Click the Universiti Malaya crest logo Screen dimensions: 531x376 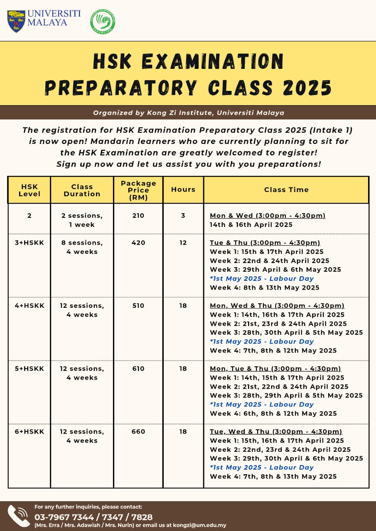coord(16,21)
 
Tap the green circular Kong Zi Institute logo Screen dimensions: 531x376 coord(103,22)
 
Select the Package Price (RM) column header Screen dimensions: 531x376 coord(138,190)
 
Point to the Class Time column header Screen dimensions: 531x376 coord(286,190)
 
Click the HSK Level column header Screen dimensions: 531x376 coord(29,190)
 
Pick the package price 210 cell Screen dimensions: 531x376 coord(138,216)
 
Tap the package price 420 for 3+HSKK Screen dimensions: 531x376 coord(138,243)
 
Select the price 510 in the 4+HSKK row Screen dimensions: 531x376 coord(138,306)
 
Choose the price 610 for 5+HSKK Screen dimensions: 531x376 coord(138,369)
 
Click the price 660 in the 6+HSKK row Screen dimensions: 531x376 coord(138,432)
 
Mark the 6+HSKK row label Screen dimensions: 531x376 coord(29,432)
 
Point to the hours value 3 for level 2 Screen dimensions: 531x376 coord(183,216)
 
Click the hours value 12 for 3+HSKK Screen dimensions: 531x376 coord(183,243)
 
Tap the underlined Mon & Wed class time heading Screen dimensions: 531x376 coord(268,216)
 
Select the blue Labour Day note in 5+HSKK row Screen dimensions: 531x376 coord(262,404)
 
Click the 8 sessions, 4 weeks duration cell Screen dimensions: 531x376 coord(82,247)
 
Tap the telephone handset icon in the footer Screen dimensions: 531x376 coord(19,516)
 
